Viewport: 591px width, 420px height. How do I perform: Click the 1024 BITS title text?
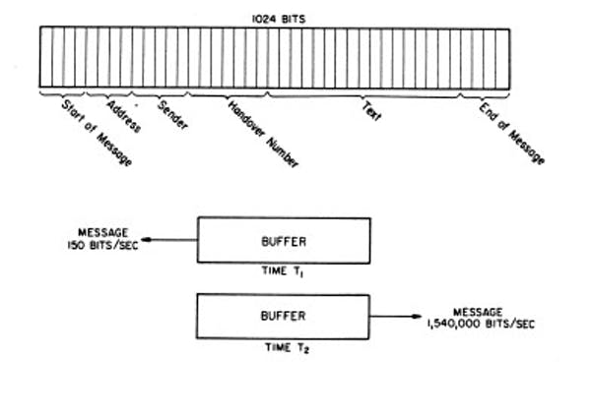[279, 20]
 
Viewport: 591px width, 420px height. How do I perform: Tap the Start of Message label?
[98, 133]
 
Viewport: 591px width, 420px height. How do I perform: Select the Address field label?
[124, 117]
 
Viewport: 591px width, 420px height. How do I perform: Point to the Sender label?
[172, 115]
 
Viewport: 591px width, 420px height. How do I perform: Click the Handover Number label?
[263, 134]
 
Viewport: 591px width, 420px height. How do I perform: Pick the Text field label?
[371, 111]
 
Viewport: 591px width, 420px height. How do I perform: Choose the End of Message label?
[511, 134]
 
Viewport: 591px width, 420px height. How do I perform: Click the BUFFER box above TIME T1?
[284, 240]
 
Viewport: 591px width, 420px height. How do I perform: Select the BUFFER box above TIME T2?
[283, 317]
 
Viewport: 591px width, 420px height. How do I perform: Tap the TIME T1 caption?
[283, 271]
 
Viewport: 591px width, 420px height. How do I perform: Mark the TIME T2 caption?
[288, 348]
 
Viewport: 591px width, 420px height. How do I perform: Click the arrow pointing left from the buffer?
[169, 240]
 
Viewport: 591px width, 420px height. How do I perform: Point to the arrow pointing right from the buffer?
[396, 317]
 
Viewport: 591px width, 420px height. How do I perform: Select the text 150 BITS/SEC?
[102, 245]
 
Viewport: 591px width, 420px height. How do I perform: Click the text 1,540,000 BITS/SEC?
[481, 324]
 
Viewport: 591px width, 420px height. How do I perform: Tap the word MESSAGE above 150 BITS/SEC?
[102, 233]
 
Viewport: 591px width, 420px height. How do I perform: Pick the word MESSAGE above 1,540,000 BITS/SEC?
[478, 312]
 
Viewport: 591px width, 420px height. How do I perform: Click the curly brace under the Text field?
[363, 96]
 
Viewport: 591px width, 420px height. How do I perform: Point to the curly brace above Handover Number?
[228, 95]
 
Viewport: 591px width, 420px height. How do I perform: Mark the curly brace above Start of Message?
[62, 93]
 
